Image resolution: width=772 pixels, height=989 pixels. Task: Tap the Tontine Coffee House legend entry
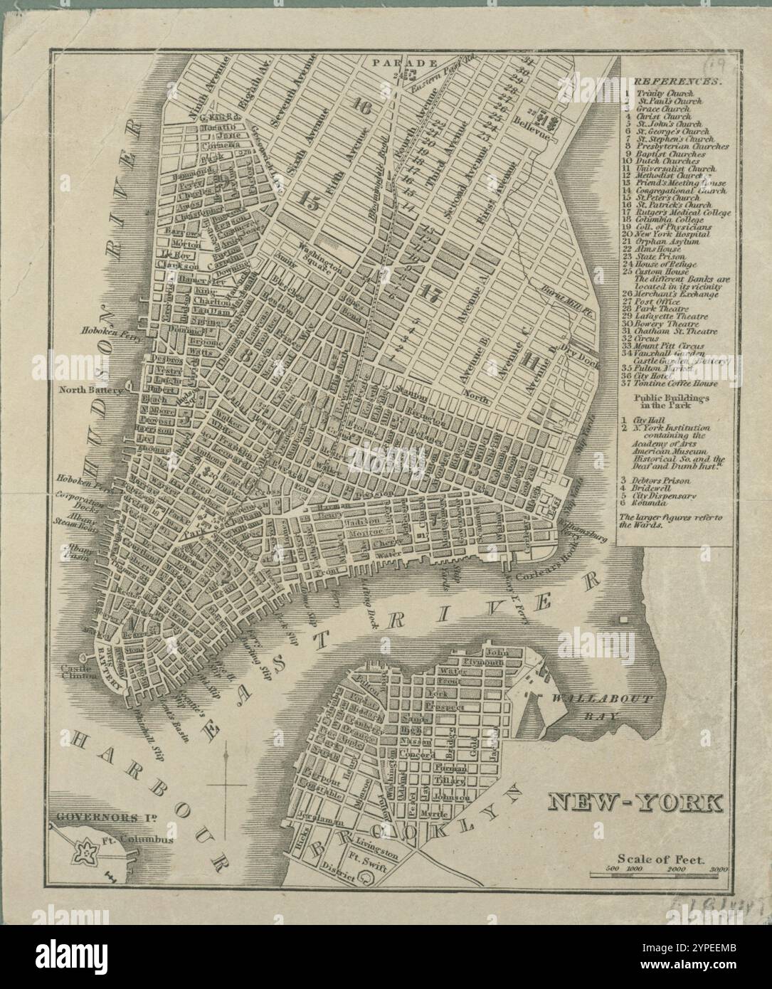pyautogui.click(x=677, y=384)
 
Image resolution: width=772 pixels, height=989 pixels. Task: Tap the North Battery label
pyautogui.click(x=90, y=390)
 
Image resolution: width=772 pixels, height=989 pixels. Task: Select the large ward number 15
pyautogui.click(x=310, y=201)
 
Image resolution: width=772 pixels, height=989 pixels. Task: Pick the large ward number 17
pyautogui.click(x=429, y=292)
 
